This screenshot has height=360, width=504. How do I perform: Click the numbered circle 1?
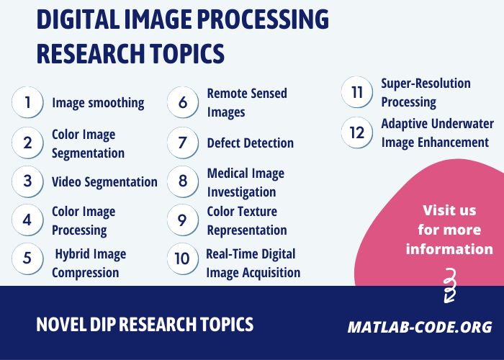27,102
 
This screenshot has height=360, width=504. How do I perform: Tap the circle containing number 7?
183,143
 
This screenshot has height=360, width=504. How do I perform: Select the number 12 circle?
356,132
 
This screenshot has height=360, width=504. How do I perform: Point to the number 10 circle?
183,258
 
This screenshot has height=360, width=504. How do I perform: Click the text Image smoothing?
98,103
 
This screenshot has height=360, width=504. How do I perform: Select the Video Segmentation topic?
104,181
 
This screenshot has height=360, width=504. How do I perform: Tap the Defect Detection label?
250,143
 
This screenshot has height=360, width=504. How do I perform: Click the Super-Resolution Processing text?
426,92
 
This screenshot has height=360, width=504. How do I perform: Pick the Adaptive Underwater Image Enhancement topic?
435,132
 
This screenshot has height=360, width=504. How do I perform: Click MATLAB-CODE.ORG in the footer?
420,327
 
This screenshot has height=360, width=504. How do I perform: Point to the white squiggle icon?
449,285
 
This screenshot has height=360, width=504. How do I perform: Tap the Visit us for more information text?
449,230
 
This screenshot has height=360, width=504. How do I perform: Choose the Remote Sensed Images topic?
246,102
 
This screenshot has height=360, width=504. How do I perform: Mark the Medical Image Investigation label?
245,182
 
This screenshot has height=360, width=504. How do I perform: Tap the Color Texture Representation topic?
246,220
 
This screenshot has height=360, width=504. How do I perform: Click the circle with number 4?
27,220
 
